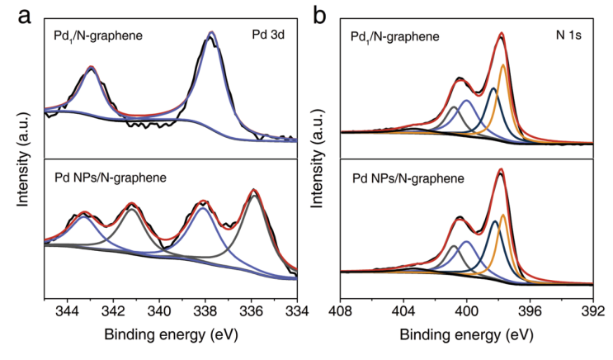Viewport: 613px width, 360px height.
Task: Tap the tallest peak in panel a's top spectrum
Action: pos(213,34)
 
